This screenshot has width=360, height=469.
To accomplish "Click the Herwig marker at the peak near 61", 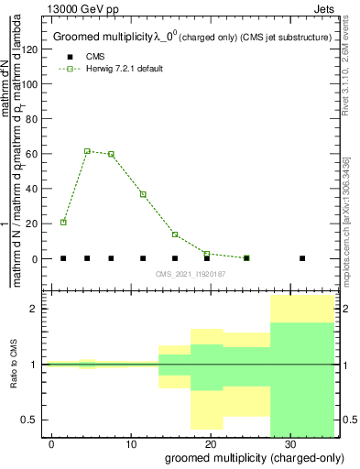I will point(87,151).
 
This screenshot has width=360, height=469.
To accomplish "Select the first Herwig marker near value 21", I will point(63,222).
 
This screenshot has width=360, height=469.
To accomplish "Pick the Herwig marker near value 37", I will point(143,194).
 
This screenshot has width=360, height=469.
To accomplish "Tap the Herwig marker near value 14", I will point(175,234).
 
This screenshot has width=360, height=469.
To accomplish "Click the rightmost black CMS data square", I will point(302,258).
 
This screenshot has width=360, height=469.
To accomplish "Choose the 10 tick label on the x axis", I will point(130,444).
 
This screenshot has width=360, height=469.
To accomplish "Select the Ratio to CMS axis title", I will point(12,365).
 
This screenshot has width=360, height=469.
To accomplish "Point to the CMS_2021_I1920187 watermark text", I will point(191,274).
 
